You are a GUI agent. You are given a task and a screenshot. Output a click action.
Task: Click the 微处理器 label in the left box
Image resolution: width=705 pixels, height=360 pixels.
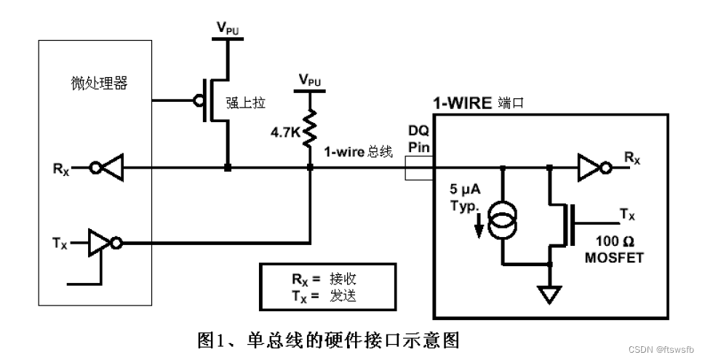tap(95, 83)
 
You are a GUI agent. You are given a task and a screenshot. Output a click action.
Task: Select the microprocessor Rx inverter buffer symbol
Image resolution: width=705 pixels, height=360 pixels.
tap(109, 168)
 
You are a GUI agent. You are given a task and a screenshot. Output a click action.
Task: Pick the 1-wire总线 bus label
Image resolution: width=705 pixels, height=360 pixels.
tap(357, 152)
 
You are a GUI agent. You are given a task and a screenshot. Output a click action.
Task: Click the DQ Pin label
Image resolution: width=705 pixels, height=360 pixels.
tap(419, 138)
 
